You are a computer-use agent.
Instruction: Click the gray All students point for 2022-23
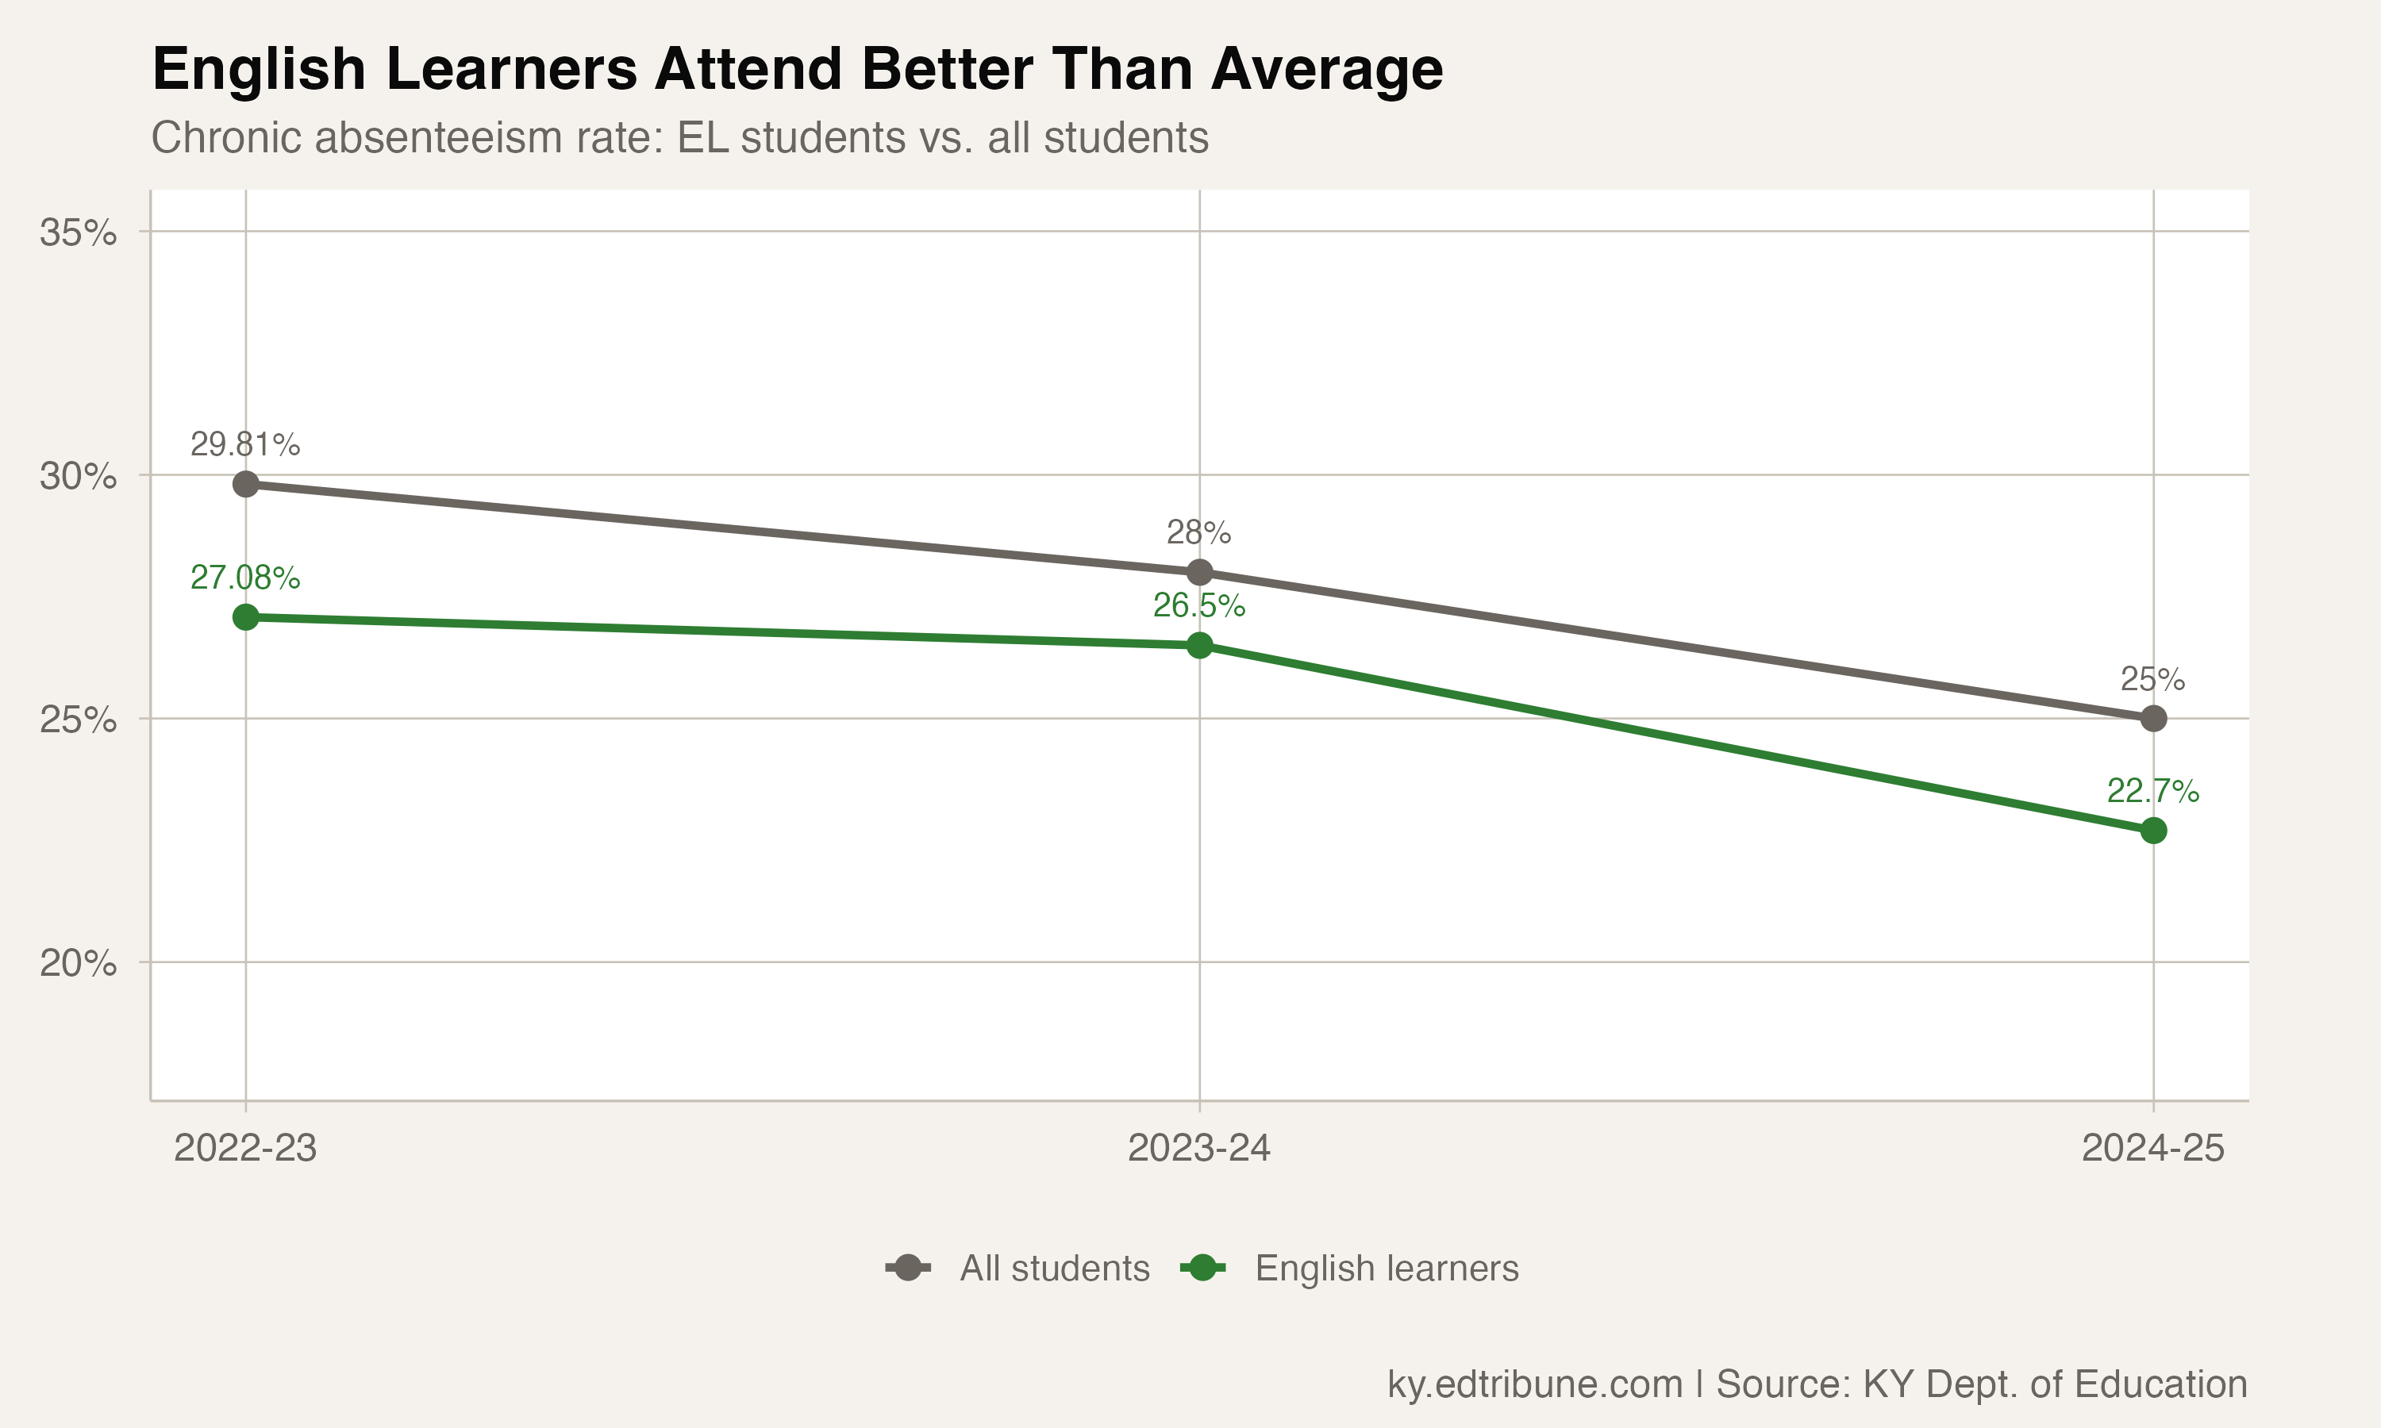tap(245, 484)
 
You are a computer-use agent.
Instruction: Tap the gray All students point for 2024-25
tap(2153, 719)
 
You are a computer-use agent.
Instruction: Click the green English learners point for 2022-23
tap(245, 616)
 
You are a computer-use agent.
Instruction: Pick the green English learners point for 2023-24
tap(1199, 646)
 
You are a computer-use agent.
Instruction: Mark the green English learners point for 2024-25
tap(2153, 831)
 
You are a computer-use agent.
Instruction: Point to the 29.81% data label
tap(245, 444)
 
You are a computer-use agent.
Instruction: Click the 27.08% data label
tap(245, 578)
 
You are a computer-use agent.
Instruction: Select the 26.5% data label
tap(1199, 605)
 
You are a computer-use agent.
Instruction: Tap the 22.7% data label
tap(2153, 791)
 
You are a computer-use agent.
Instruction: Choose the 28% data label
tap(1199, 532)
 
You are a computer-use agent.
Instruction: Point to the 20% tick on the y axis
tap(78, 962)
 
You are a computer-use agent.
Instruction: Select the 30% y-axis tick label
tap(78, 475)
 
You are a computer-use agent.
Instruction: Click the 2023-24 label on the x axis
tap(1199, 1148)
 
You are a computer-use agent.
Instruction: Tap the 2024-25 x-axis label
tap(2153, 1148)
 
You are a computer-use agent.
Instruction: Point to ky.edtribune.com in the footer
tap(1534, 1384)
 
